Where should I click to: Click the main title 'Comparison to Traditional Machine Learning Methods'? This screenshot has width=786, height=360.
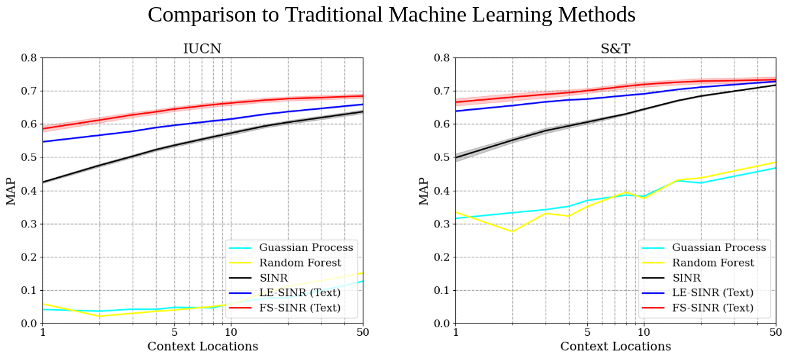391,14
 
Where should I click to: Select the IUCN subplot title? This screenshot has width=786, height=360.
203,49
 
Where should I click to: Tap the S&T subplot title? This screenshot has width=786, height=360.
615,49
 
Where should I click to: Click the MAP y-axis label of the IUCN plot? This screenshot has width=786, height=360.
11,190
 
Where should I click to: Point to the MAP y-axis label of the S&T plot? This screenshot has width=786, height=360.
424,190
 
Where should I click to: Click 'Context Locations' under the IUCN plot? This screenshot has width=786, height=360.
203,346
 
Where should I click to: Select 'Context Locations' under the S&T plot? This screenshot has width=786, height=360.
615,346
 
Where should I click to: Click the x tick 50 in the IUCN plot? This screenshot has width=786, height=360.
363,333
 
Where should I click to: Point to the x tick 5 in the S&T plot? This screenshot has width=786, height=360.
587,333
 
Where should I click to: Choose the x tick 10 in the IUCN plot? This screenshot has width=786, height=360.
230,333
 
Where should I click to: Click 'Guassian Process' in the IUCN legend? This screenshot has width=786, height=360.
306,248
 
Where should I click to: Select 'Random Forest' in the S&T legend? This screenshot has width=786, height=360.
713,263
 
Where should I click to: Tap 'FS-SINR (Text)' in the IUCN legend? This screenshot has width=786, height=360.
300,308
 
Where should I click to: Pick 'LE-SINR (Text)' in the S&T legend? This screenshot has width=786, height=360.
713,293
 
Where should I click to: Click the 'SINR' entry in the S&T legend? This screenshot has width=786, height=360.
687,278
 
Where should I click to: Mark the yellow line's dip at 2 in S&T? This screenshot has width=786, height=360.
512,231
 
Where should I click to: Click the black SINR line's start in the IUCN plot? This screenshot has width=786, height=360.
43,182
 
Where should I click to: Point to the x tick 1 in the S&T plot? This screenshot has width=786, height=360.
456,333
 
